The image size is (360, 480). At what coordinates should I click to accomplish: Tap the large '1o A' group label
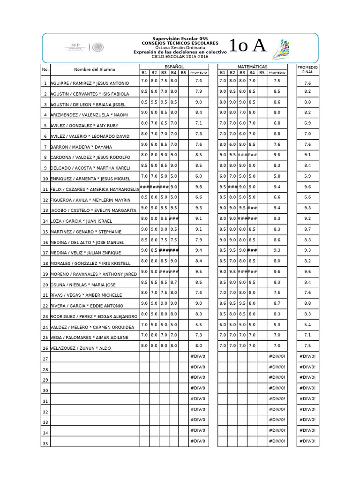click(247, 46)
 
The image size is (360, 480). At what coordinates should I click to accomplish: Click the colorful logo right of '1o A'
click(281, 48)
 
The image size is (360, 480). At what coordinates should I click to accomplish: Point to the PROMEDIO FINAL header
click(307, 70)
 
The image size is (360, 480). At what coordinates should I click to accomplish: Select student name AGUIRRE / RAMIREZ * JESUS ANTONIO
click(90, 83)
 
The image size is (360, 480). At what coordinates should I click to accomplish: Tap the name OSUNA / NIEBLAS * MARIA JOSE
click(83, 285)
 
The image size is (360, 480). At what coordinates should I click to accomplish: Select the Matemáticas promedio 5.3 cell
click(277, 324)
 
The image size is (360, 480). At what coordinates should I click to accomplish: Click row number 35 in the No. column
click(45, 443)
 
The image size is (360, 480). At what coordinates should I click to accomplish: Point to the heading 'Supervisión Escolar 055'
click(180, 38)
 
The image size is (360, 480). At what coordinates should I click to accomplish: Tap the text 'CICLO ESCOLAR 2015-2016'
click(180, 57)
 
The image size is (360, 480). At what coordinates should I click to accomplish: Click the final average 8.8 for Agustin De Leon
click(307, 102)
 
